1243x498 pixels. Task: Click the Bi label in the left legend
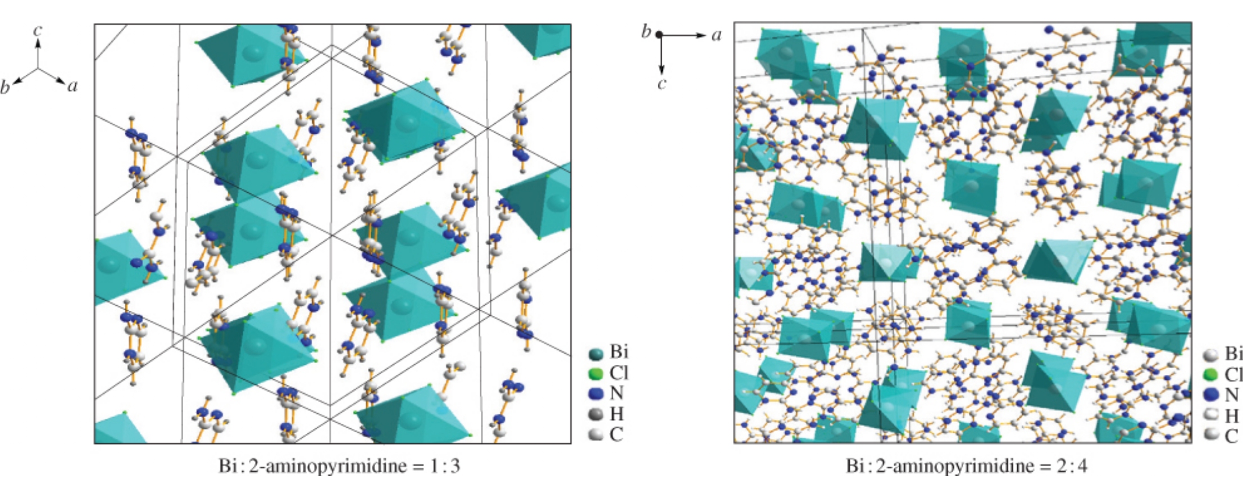[x=619, y=352]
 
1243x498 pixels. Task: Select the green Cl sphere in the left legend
[x=595, y=373]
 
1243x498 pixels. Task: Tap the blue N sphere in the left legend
[x=595, y=393]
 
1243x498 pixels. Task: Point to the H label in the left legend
[x=617, y=414]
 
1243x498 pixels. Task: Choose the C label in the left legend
[x=616, y=434]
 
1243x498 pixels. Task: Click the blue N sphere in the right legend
[x=1211, y=395]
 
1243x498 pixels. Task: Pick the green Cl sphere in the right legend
[x=1211, y=374]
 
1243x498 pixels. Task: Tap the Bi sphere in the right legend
[x=1211, y=354]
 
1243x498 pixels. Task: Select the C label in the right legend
[x=1232, y=436]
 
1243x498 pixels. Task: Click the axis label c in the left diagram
[x=38, y=30]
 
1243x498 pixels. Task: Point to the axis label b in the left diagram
[x=6, y=87]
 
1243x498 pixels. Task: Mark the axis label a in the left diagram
[x=72, y=86]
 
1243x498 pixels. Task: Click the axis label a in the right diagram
[x=716, y=35]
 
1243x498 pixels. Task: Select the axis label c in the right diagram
[x=662, y=84]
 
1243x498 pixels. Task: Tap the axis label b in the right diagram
[x=646, y=31]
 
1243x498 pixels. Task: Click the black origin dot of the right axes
[x=659, y=35]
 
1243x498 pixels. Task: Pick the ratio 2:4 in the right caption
[x=1073, y=466]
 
